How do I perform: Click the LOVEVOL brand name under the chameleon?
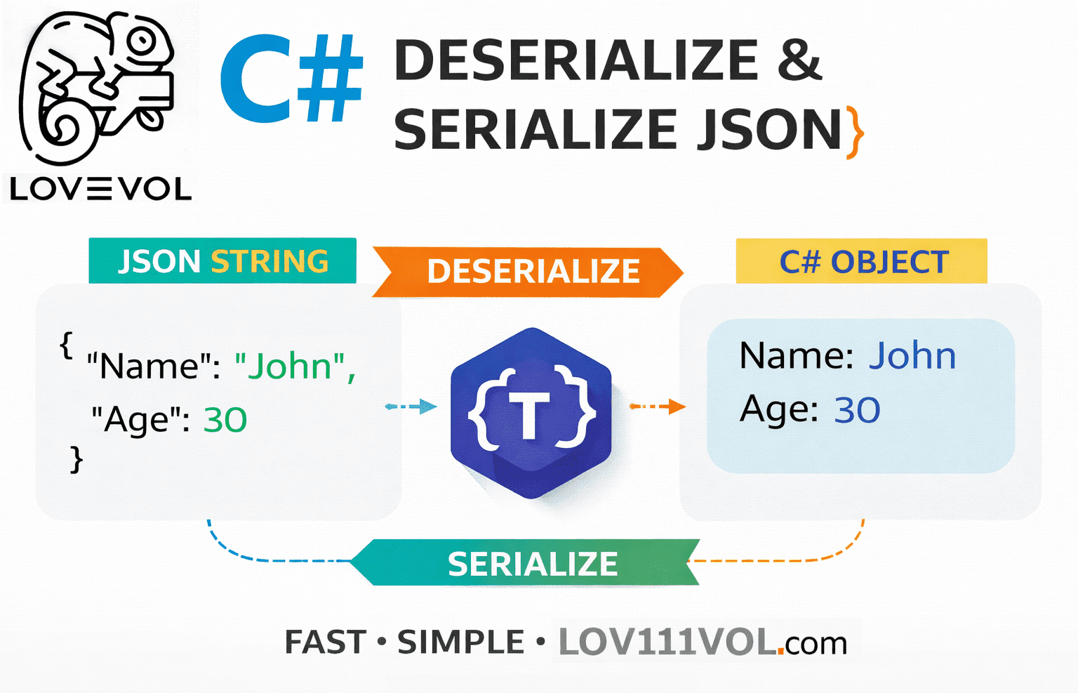pyautogui.click(x=100, y=188)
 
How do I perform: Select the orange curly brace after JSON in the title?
pyautogui.click(x=854, y=131)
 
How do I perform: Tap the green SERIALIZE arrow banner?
pyautogui.click(x=531, y=563)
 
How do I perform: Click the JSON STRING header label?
pyautogui.click(x=222, y=261)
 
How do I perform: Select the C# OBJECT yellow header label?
pyautogui.click(x=863, y=262)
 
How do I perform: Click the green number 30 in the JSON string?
pyautogui.click(x=225, y=420)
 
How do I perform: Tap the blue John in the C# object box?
pyautogui.click(x=912, y=355)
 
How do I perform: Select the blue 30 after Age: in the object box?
pyautogui.click(x=856, y=410)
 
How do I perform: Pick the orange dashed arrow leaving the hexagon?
pyautogui.click(x=657, y=406)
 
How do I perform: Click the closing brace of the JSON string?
pyautogui.click(x=76, y=460)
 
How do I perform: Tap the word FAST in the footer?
pyautogui.click(x=325, y=642)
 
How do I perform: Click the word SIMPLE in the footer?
pyautogui.click(x=460, y=642)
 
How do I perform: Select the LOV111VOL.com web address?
pyautogui.click(x=703, y=642)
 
